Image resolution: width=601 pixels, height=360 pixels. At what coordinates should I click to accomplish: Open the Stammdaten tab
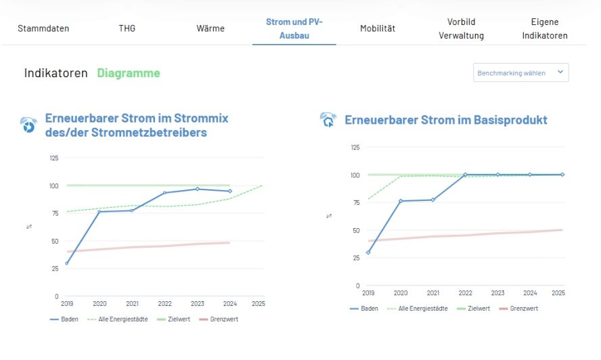43,28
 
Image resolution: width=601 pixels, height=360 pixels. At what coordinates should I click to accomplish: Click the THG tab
127,28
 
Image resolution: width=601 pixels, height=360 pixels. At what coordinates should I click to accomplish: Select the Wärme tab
210,28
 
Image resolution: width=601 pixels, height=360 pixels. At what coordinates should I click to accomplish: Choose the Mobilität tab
378,28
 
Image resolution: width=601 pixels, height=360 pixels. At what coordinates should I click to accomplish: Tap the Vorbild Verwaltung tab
461,28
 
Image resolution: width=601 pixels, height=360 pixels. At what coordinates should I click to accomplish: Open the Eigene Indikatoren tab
545,28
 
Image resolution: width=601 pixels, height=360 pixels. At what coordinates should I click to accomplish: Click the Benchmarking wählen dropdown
520,72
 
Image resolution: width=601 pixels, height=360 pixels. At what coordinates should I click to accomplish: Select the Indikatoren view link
56,73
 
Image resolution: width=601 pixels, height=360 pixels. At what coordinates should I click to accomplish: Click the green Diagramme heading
129,73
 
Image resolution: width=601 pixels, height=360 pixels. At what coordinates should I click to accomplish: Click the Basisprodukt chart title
446,120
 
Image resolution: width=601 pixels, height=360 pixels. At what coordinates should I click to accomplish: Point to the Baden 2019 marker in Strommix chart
66,263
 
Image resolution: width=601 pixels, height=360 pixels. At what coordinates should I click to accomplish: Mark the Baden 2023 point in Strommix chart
197,189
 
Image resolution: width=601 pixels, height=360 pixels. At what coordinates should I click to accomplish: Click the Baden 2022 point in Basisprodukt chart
465,175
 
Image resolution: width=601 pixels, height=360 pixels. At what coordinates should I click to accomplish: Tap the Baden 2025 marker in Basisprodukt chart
562,175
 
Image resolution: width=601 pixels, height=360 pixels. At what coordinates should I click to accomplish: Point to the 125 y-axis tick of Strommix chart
53,158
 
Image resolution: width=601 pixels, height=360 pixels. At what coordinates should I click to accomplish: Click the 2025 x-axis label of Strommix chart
258,304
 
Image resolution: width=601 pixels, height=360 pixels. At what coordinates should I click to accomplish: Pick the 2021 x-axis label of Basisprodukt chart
432,293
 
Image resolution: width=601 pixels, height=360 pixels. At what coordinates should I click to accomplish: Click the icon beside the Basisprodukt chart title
328,120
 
